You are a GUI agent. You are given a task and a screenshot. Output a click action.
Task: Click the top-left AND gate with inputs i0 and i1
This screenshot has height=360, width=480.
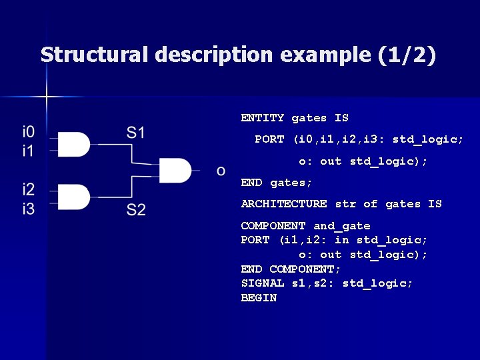click(75, 144)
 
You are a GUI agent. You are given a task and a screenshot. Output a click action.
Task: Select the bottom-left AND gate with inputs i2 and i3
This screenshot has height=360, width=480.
click(75, 197)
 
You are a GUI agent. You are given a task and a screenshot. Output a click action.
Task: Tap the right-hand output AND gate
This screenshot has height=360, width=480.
click(175, 171)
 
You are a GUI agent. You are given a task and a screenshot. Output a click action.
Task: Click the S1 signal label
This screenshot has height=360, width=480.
click(136, 132)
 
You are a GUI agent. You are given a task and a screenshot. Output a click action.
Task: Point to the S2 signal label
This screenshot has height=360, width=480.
click(136, 210)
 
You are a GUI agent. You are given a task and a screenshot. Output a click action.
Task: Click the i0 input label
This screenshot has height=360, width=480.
click(29, 131)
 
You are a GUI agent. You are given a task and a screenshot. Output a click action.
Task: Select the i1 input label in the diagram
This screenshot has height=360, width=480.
click(29, 151)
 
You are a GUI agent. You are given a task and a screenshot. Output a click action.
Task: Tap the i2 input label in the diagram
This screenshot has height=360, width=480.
click(29, 189)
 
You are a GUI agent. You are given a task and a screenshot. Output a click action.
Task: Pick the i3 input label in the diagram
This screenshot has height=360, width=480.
click(29, 209)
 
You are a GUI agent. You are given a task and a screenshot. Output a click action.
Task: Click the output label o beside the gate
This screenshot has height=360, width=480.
click(221, 171)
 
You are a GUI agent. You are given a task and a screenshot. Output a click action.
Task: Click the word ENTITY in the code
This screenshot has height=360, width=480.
click(263, 118)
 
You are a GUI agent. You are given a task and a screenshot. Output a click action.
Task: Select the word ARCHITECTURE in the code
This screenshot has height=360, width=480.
click(284, 204)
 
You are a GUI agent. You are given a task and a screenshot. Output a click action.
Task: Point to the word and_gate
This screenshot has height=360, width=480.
click(341, 226)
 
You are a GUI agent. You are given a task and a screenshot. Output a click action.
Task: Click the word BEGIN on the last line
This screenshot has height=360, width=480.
click(259, 298)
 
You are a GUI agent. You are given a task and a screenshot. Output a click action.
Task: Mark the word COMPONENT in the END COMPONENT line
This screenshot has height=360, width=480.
click(305, 269)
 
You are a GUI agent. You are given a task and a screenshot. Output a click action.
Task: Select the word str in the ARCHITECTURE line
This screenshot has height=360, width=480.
click(345, 204)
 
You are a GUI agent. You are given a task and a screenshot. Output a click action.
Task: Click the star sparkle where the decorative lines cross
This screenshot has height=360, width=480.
click(47, 97)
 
